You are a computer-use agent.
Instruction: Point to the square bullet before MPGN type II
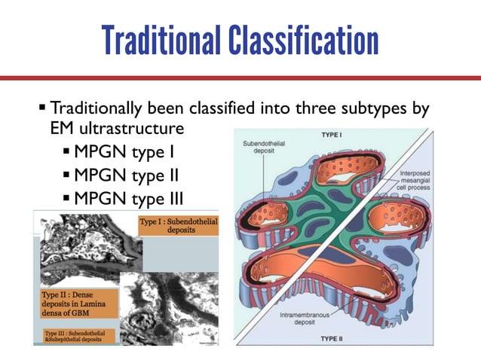coord(67,178)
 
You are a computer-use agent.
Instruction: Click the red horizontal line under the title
coord(240,78)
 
